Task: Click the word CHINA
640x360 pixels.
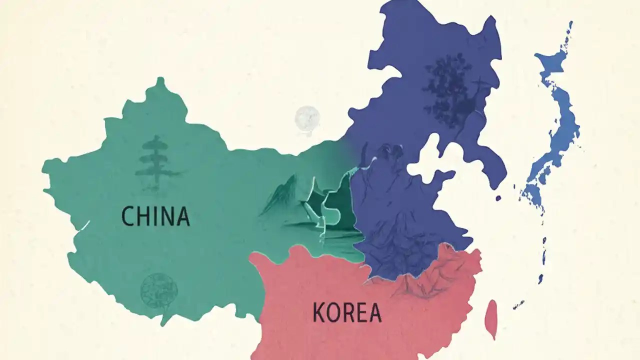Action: (x=155, y=216)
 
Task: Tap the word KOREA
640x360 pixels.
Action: (x=347, y=312)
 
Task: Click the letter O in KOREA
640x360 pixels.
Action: (x=334, y=312)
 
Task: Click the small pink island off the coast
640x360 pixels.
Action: (x=492, y=318)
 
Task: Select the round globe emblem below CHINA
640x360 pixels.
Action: (x=158, y=290)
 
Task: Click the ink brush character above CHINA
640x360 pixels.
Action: (x=154, y=162)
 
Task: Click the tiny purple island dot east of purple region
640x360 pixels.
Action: (x=498, y=198)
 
